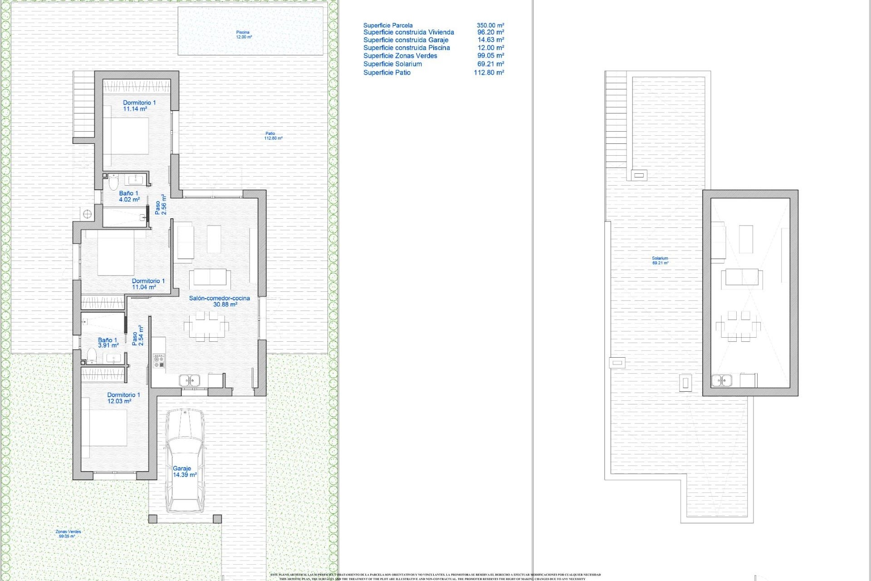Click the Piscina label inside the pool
[x=243, y=34]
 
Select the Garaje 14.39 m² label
[x=184, y=472]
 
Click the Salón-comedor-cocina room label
[x=220, y=301]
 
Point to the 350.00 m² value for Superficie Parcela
[x=490, y=25]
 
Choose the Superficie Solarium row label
[x=392, y=64]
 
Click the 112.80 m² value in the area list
[x=489, y=72]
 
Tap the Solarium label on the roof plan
[x=660, y=261]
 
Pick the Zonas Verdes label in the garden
[x=68, y=534]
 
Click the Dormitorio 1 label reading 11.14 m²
[x=139, y=106]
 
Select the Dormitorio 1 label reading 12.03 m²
[x=123, y=398]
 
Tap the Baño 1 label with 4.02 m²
[x=129, y=196]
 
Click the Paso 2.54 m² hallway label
[x=137, y=336]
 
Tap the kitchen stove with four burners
[x=159, y=361]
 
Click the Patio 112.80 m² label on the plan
[x=273, y=136]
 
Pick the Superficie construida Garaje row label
[x=406, y=40]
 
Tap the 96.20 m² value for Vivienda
[x=490, y=32]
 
